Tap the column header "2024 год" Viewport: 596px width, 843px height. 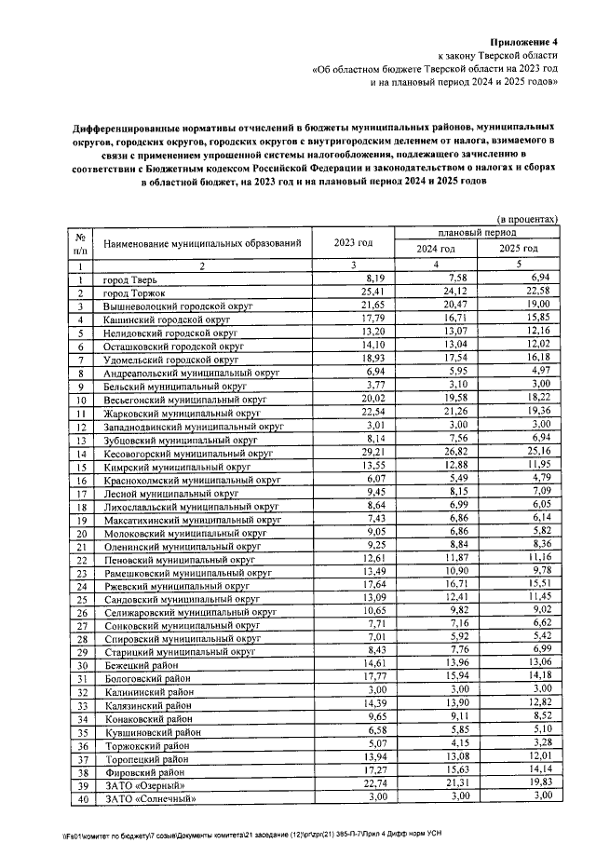point(435,250)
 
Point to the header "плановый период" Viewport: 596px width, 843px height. point(478,230)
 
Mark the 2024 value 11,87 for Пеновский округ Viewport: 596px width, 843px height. point(452,559)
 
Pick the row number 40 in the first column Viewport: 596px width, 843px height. point(82,799)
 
